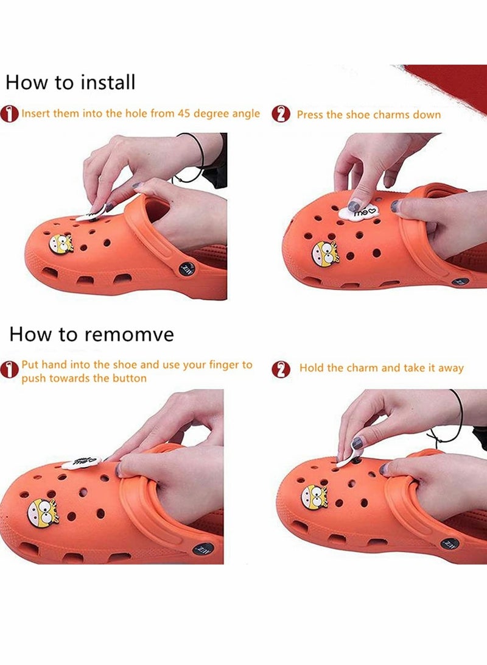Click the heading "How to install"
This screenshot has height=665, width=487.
point(70,82)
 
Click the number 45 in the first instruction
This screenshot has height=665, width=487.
point(184,113)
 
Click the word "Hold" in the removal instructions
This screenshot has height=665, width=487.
point(312,368)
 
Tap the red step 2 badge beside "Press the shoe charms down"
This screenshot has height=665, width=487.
point(281,115)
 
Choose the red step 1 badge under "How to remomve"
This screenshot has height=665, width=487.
point(9,369)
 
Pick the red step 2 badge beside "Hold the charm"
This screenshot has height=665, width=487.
point(281,369)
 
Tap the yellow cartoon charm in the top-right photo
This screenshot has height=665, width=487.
point(325,254)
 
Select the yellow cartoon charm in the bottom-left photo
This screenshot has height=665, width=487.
point(42,513)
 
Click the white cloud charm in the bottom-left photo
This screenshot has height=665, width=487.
point(82,462)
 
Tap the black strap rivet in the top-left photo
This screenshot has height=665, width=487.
point(186,268)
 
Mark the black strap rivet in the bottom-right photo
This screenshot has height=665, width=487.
point(450,543)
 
